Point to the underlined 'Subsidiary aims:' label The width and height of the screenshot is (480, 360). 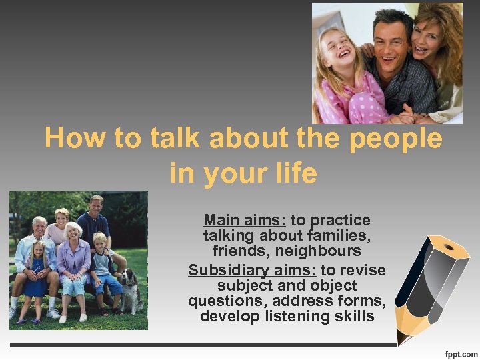(x=253, y=270)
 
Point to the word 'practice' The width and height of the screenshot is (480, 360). (x=347, y=220)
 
